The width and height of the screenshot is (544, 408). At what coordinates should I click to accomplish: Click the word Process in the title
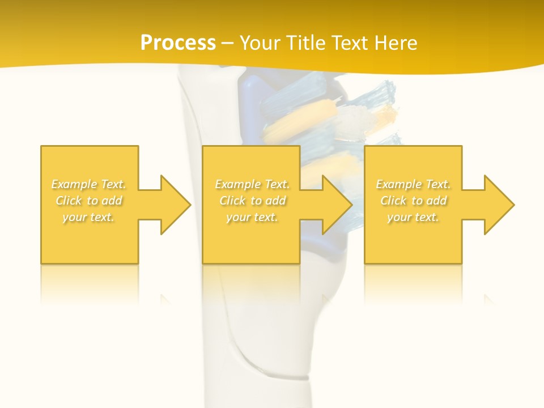(178, 43)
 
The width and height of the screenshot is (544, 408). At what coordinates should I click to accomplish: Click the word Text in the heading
(350, 43)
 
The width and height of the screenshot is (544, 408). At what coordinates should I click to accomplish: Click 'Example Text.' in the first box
(89, 184)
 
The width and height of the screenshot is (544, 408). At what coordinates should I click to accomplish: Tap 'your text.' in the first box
(89, 217)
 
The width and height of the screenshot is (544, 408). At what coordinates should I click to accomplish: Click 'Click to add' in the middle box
(252, 201)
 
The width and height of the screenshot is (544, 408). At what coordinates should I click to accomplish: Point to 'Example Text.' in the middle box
(252, 184)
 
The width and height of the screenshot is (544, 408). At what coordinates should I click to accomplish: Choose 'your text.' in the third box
(413, 217)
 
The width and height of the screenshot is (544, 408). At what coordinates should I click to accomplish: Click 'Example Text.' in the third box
(413, 184)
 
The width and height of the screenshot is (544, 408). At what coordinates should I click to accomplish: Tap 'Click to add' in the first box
(89, 201)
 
